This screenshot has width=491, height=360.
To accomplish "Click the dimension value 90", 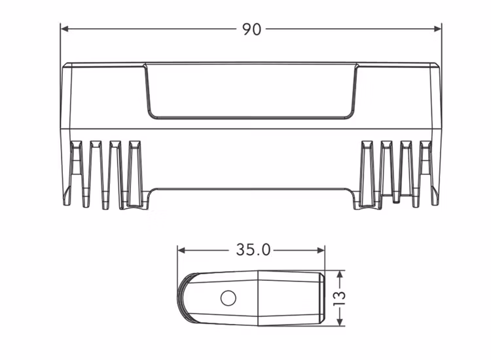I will click(x=251, y=29).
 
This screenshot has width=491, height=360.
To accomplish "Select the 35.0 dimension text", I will click(x=253, y=250).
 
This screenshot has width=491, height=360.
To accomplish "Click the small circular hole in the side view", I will click(x=228, y=298).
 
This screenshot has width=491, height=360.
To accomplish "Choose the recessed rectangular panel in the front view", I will click(x=251, y=92).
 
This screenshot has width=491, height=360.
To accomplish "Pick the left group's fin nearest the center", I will click(x=135, y=173).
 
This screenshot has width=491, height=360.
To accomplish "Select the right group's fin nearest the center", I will click(x=367, y=173).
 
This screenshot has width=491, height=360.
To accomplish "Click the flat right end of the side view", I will click(x=323, y=297).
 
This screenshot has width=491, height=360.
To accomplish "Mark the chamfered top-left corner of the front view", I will click(x=65, y=66).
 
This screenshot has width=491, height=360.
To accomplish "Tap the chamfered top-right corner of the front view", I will click(x=437, y=66).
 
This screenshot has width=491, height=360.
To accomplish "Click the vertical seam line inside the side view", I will click(x=258, y=297).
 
